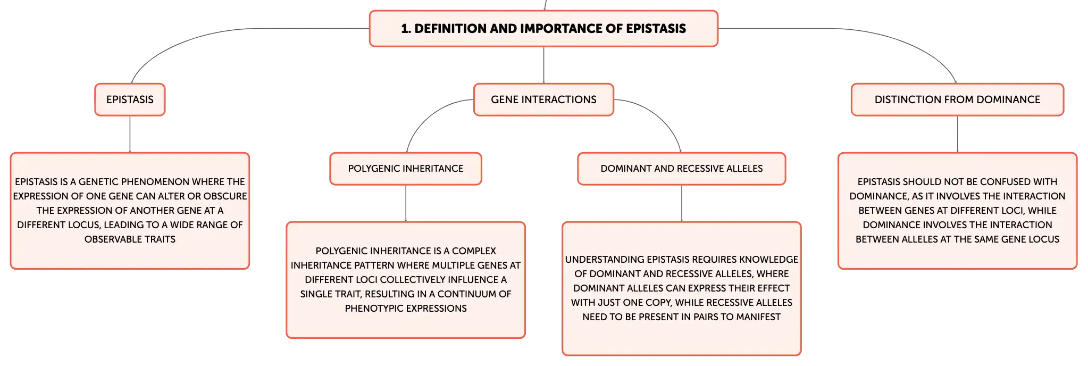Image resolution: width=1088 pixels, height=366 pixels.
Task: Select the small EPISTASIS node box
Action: coord(130,99)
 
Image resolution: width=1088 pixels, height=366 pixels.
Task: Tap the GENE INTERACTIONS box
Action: coord(543,99)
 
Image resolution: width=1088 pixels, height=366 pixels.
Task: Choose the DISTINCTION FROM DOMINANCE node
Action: coord(957,99)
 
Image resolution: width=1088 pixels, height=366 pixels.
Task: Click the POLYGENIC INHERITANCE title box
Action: coord(406,169)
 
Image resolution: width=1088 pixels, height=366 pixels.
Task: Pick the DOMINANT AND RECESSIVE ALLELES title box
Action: coord(682,169)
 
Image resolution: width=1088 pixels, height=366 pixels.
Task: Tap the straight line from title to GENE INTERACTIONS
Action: coord(543,65)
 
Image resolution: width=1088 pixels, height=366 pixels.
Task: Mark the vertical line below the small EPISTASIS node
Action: coord(130,134)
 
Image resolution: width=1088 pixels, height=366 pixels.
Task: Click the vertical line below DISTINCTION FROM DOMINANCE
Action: coord(957,134)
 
